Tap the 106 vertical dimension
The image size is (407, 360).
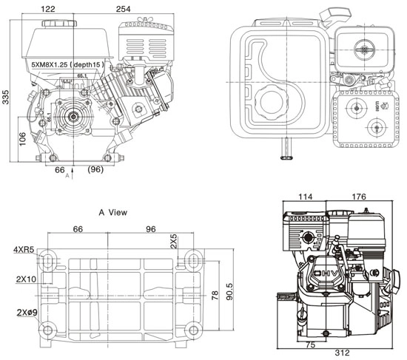pyautogui.click(x=22, y=138)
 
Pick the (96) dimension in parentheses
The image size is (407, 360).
pyautogui.click(x=95, y=170)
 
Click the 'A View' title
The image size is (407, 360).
pyautogui.click(x=113, y=212)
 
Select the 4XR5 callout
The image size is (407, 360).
pyautogui.click(x=23, y=250)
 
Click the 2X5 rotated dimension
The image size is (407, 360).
pyautogui.click(x=174, y=241)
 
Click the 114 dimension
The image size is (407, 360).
pyautogui.click(x=305, y=197)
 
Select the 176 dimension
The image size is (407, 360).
pyautogui.click(x=361, y=197)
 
